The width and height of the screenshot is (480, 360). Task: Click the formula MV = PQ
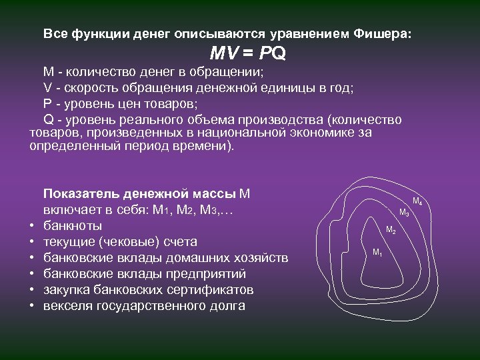(x=247, y=53)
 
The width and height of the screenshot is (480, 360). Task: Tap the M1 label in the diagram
(x=377, y=253)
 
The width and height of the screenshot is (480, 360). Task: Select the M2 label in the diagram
(x=391, y=231)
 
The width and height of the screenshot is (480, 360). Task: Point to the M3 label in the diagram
(x=403, y=213)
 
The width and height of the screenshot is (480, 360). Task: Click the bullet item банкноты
(x=73, y=225)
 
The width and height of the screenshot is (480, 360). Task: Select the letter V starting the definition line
(x=47, y=88)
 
